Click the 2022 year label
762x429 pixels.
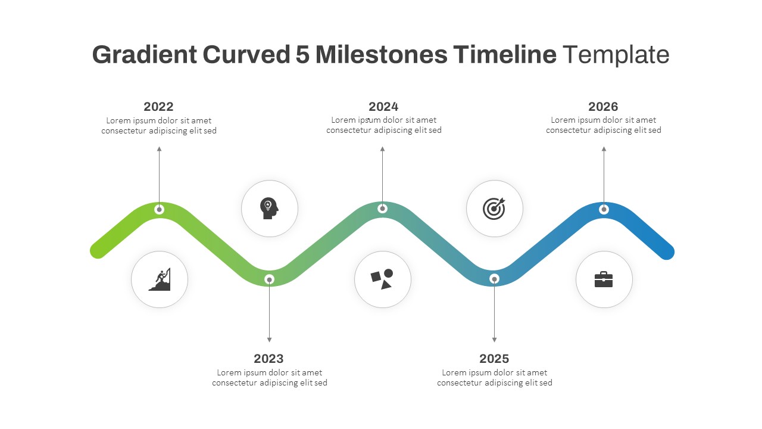[x=158, y=107]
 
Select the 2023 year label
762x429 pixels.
[x=268, y=359]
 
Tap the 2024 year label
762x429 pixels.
[x=383, y=107]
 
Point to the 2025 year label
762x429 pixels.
[x=494, y=359]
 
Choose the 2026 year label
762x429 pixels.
[x=603, y=107]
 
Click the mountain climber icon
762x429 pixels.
[x=160, y=279]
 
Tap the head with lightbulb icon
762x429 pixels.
[x=269, y=209]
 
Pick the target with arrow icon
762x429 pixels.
[x=494, y=209]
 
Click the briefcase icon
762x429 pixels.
[x=604, y=279]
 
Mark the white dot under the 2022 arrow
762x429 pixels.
[x=159, y=209]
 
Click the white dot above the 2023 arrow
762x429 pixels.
[x=269, y=279]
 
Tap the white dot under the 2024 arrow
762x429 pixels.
[x=382, y=209]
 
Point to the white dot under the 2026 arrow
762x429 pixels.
[x=604, y=209]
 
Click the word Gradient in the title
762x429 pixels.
[x=145, y=54]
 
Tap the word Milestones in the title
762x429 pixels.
[x=382, y=54]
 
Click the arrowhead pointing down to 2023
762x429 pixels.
[x=269, y=340]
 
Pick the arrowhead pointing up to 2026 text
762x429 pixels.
[x=604, y=149]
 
